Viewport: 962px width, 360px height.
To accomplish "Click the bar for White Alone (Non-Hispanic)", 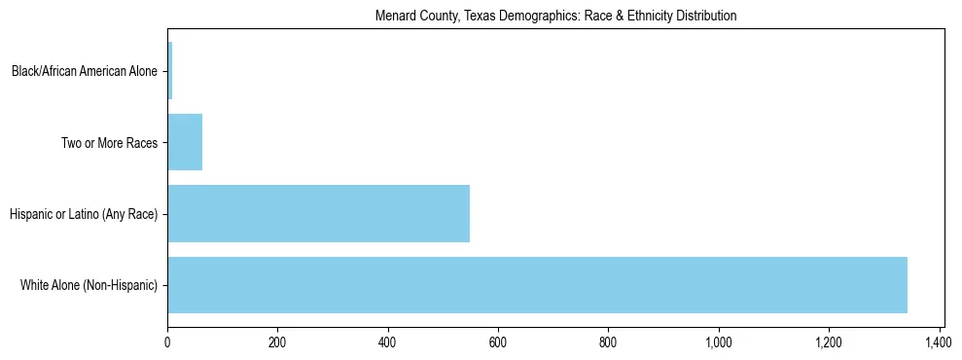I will pyautogui.click(x=537, y=285).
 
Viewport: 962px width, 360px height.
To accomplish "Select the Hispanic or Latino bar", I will pyautogui.click(x=318, y=213).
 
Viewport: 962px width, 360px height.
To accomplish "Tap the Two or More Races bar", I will pyautogui.click(x=185, y=142).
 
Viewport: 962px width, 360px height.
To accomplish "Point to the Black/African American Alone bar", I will pyautogui.click(x=170, y=70).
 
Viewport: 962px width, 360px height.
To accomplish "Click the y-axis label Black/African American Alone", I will pyautogui.click(x=85, y=71).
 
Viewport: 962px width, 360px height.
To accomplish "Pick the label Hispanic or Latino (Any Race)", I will pyautogui.click(x=84, y=214).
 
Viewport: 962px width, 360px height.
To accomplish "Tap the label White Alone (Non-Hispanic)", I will pyautogui.click(x=89, y=285).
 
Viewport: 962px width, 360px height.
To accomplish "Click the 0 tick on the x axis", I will pyautogui.click(x=167, y=342).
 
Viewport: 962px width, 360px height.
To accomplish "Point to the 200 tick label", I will pyautogui.click(x=277, y=342).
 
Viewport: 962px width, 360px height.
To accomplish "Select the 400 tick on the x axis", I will pyautogui.click(x=388, y=342).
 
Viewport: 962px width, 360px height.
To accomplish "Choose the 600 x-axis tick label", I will pyautogui.click(x=498, y=342).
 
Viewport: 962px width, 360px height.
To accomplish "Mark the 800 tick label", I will pyautogui.click(x=609, y=342).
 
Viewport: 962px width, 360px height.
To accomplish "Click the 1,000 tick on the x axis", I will pyautogui.click(x=719, y=342).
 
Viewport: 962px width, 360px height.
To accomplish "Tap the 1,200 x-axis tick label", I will pyautogui.click(x=829, y=342).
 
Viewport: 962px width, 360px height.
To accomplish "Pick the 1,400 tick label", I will pyautogui.click(x=940, y=342).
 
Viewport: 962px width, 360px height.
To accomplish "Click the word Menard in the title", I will pyautogui.click(x=394, y=17).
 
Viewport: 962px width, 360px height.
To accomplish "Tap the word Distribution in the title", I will pyautogui.click(x=708, y=17).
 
